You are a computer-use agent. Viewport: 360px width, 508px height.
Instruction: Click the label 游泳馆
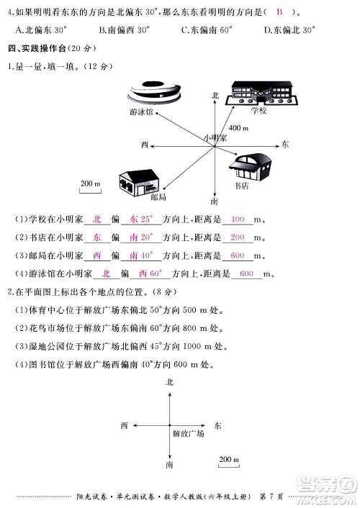[x=140, y=113]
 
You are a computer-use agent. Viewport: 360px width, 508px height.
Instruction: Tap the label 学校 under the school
[x=259, y=112]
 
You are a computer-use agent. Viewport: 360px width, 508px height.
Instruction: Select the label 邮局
[x=159, y=197]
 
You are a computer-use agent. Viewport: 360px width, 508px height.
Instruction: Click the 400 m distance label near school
[x=238, y=127]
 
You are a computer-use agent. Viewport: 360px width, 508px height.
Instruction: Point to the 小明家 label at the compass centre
[x=215, y=137]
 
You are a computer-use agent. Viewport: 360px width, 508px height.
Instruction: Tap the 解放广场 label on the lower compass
[x=188, y=435]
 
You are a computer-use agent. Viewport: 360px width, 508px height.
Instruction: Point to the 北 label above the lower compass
[x=170, y=382]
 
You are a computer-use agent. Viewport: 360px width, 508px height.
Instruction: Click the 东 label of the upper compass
[x=285, y=145]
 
